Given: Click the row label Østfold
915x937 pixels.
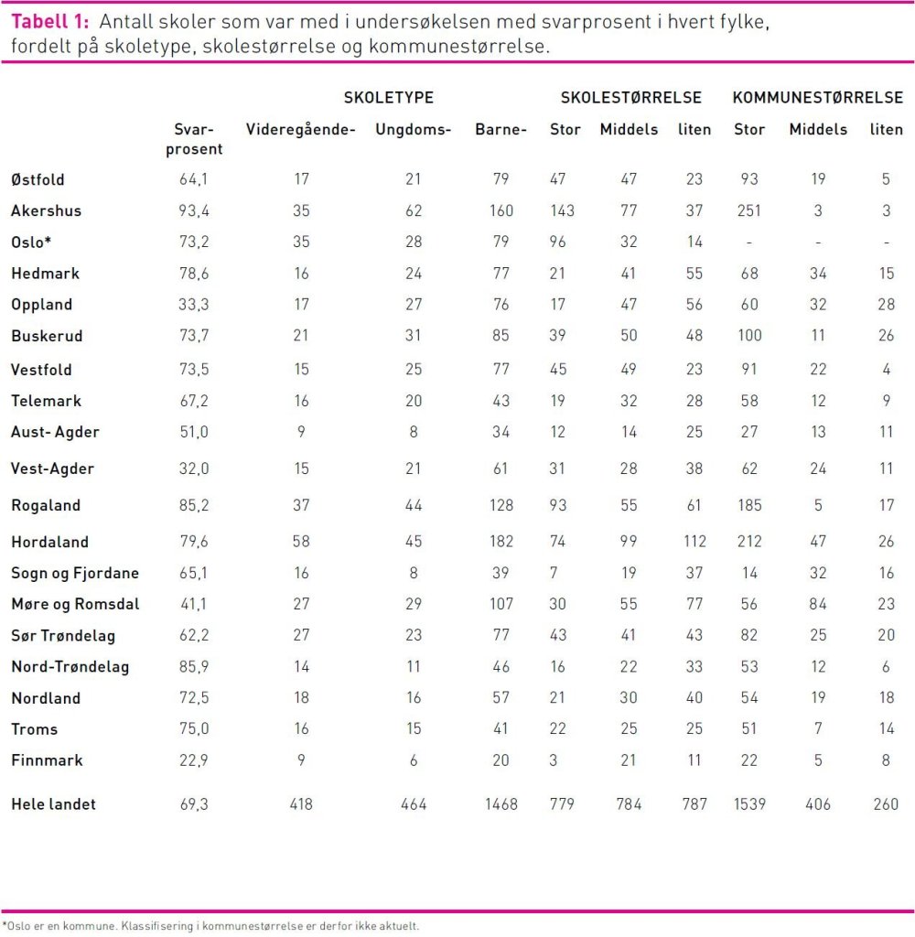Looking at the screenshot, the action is pos(38,179).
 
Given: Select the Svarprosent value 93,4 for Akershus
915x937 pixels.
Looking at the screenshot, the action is pos(194,210).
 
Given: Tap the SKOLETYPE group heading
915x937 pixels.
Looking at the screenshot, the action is pos(388,98).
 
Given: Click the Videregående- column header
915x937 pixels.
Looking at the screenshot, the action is pos(300,130).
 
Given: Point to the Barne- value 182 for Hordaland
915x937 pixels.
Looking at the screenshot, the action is pos(501,542).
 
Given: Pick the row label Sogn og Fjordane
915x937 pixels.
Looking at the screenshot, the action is pos(75,574).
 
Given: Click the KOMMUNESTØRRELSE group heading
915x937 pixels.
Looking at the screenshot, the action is pos(818,98).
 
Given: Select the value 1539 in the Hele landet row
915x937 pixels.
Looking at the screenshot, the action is pos(748,804).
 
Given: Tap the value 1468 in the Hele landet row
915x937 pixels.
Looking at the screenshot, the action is pos(501,804).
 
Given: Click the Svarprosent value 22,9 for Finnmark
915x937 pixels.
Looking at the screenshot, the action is pos(194,760).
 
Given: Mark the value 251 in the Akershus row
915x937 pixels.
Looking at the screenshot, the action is pos(748,210).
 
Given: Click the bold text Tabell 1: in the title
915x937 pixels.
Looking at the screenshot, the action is pos(49,21).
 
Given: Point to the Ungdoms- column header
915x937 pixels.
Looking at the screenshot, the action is pos(414,130).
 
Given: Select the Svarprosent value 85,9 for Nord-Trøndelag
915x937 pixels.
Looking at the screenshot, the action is pos(194,667).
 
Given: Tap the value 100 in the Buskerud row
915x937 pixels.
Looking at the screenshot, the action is pos(748,336).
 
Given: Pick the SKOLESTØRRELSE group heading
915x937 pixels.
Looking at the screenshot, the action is pos(631,98).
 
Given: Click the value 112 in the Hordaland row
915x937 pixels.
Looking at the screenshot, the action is pos(694,542).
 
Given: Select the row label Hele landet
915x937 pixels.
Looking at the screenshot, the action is pos(53,804).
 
